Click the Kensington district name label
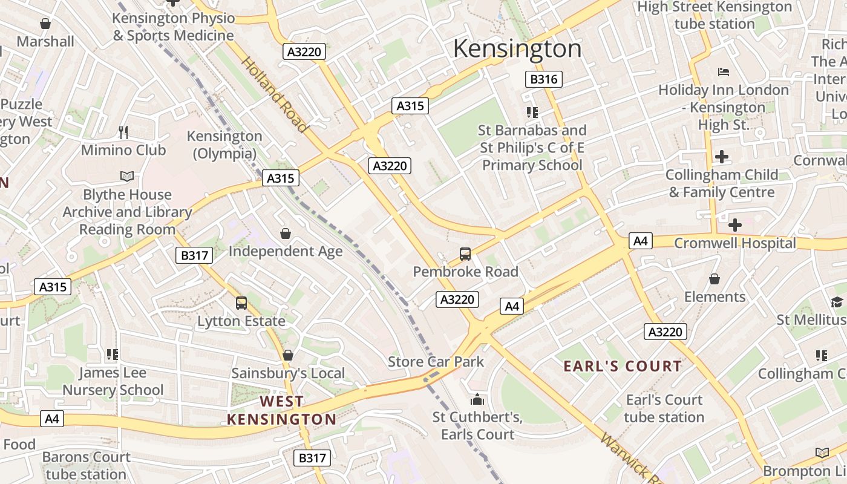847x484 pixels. click(x=517, y=48)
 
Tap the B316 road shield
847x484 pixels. click(x=543, y=79)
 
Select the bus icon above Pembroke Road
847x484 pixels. click(x=465, y=254)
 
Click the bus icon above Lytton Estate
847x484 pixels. click(x=241, y=303)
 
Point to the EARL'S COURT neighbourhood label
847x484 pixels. click(x=623, y=366)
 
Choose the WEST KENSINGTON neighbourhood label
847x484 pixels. click(x=281, y=410)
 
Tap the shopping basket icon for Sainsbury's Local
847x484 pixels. click(x=288, y=355)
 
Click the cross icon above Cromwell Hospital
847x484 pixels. click(x=734, y=225)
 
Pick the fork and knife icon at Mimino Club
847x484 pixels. click(x=123, y=132)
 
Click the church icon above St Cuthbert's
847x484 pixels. click(x=477, y=400)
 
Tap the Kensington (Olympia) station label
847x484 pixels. click(x=224, y=145)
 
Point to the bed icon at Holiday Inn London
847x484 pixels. click(x=723, y=72)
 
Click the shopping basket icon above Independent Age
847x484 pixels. click(x=285, y=234)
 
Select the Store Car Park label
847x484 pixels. click(x=436, y=362)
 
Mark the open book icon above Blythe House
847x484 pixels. click(x=126, y=176)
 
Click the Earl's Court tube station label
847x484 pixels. click(x=664, y=408)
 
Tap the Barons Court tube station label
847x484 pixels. click(x=86, y=465)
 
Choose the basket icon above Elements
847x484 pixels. click(x=715, y=279)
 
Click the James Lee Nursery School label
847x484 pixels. click(x=113, y=381)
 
